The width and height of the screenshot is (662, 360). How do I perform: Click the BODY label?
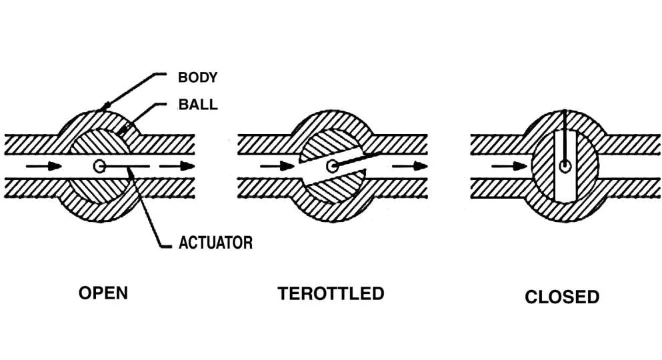coord(197,77)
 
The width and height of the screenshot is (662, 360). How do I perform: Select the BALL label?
coord(197,105)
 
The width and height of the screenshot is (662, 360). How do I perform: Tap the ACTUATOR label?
coord(215,242)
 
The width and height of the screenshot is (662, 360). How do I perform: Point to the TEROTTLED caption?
coord(331,293)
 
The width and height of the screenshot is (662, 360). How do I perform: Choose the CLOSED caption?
coord(562,297)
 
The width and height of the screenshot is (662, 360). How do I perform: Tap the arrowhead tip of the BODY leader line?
coord(101,109)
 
